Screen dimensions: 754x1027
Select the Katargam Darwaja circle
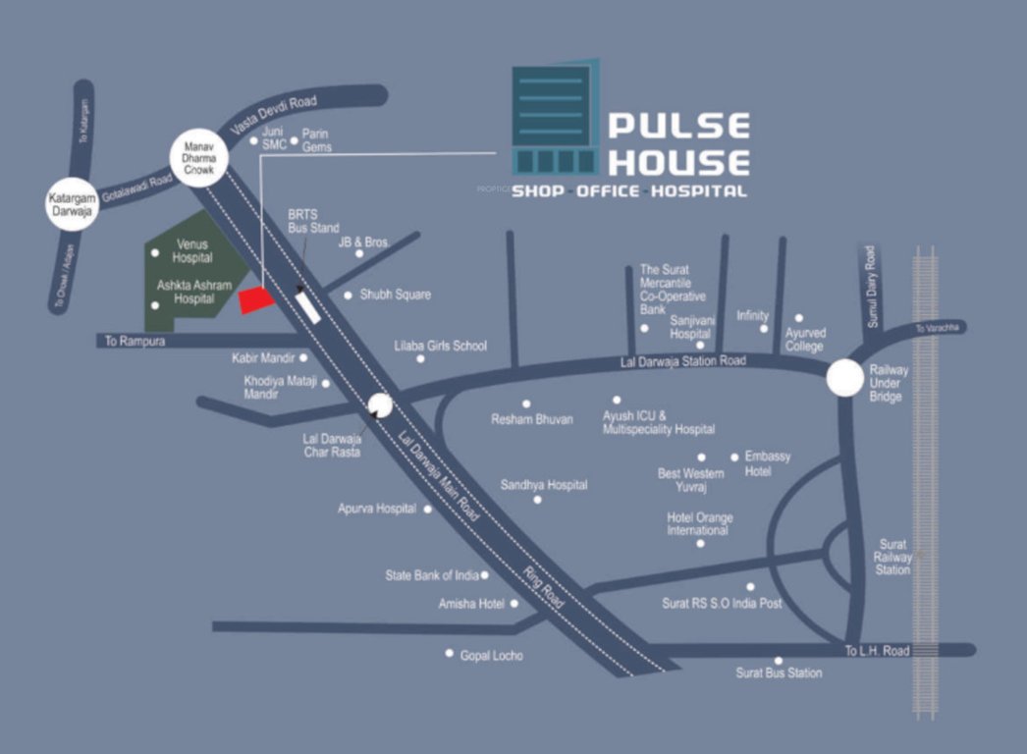click(74, 205)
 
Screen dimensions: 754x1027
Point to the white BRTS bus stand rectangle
click(307, 305)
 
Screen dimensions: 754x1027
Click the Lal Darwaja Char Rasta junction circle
click(378, 404)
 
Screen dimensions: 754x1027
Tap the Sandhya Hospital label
click(544, 485)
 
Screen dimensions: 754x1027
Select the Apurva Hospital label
click(378, 509)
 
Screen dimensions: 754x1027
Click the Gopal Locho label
click(491, 655)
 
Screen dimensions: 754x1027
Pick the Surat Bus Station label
click(779, 673)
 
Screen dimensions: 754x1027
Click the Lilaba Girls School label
click(440, 346)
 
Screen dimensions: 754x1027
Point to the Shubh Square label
click(395, 295)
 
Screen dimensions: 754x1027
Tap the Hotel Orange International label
click(699, 524)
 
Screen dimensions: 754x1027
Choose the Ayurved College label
click(804, 340)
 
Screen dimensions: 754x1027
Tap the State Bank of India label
click(432, 575)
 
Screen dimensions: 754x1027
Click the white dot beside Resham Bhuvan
click(526, 404)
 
